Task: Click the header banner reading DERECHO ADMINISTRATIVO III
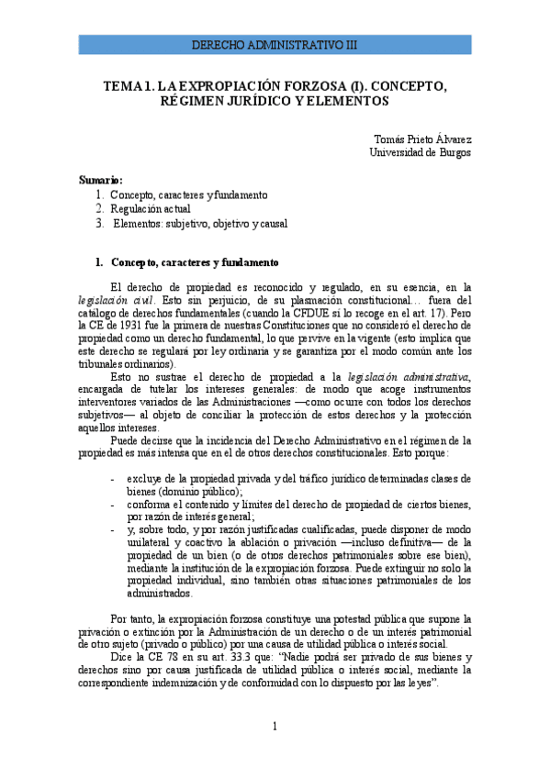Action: tap(275, 44)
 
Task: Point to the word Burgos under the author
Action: tap(453, 152)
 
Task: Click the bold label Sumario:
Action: tap(100, 181)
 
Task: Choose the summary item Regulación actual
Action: tap(151, 209)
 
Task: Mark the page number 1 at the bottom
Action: tap(275, 727)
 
